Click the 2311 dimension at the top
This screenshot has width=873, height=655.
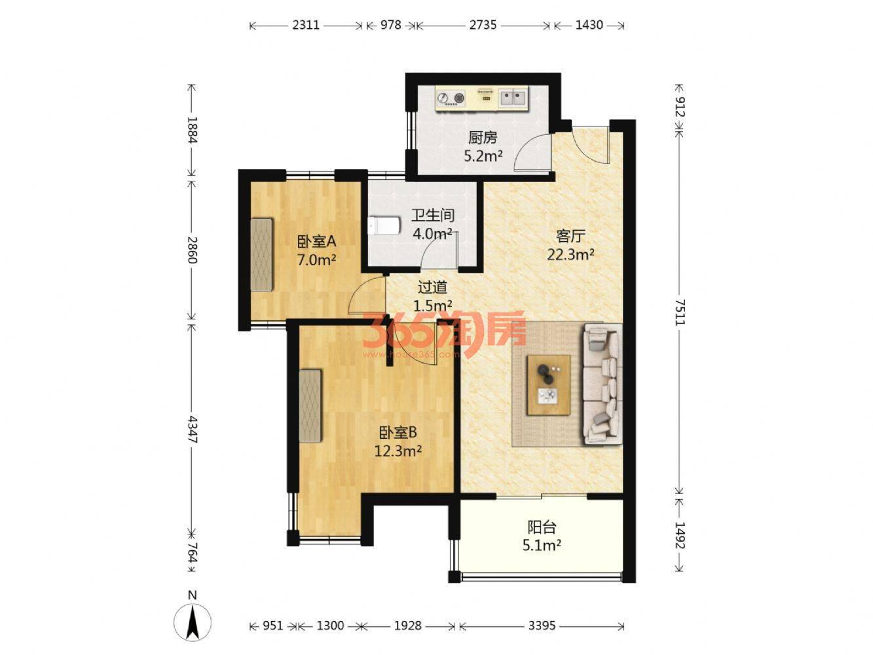pos(305,25)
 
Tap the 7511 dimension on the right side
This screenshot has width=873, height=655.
pos(680,312)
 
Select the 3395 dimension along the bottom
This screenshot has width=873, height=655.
pos(542,626)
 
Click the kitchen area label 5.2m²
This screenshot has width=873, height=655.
pos(483,157)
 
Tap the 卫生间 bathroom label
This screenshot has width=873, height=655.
pos(432,215)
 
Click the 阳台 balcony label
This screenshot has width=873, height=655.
pos(542,527)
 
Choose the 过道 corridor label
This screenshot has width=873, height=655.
pos(432,287)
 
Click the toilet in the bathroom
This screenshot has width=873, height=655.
pos(384,225)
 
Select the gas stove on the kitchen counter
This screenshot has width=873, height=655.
pos(451,98)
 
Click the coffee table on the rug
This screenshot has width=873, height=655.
pos(548,385)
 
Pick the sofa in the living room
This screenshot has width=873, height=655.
pos(602,383)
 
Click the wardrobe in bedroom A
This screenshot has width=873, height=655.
pos(262,255)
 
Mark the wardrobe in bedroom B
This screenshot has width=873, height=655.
pos(310,405)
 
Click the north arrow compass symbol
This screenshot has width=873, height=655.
pos(193,622)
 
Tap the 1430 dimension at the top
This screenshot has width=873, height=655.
pos(589,25)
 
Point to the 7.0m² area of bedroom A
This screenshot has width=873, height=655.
pos(316,260)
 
